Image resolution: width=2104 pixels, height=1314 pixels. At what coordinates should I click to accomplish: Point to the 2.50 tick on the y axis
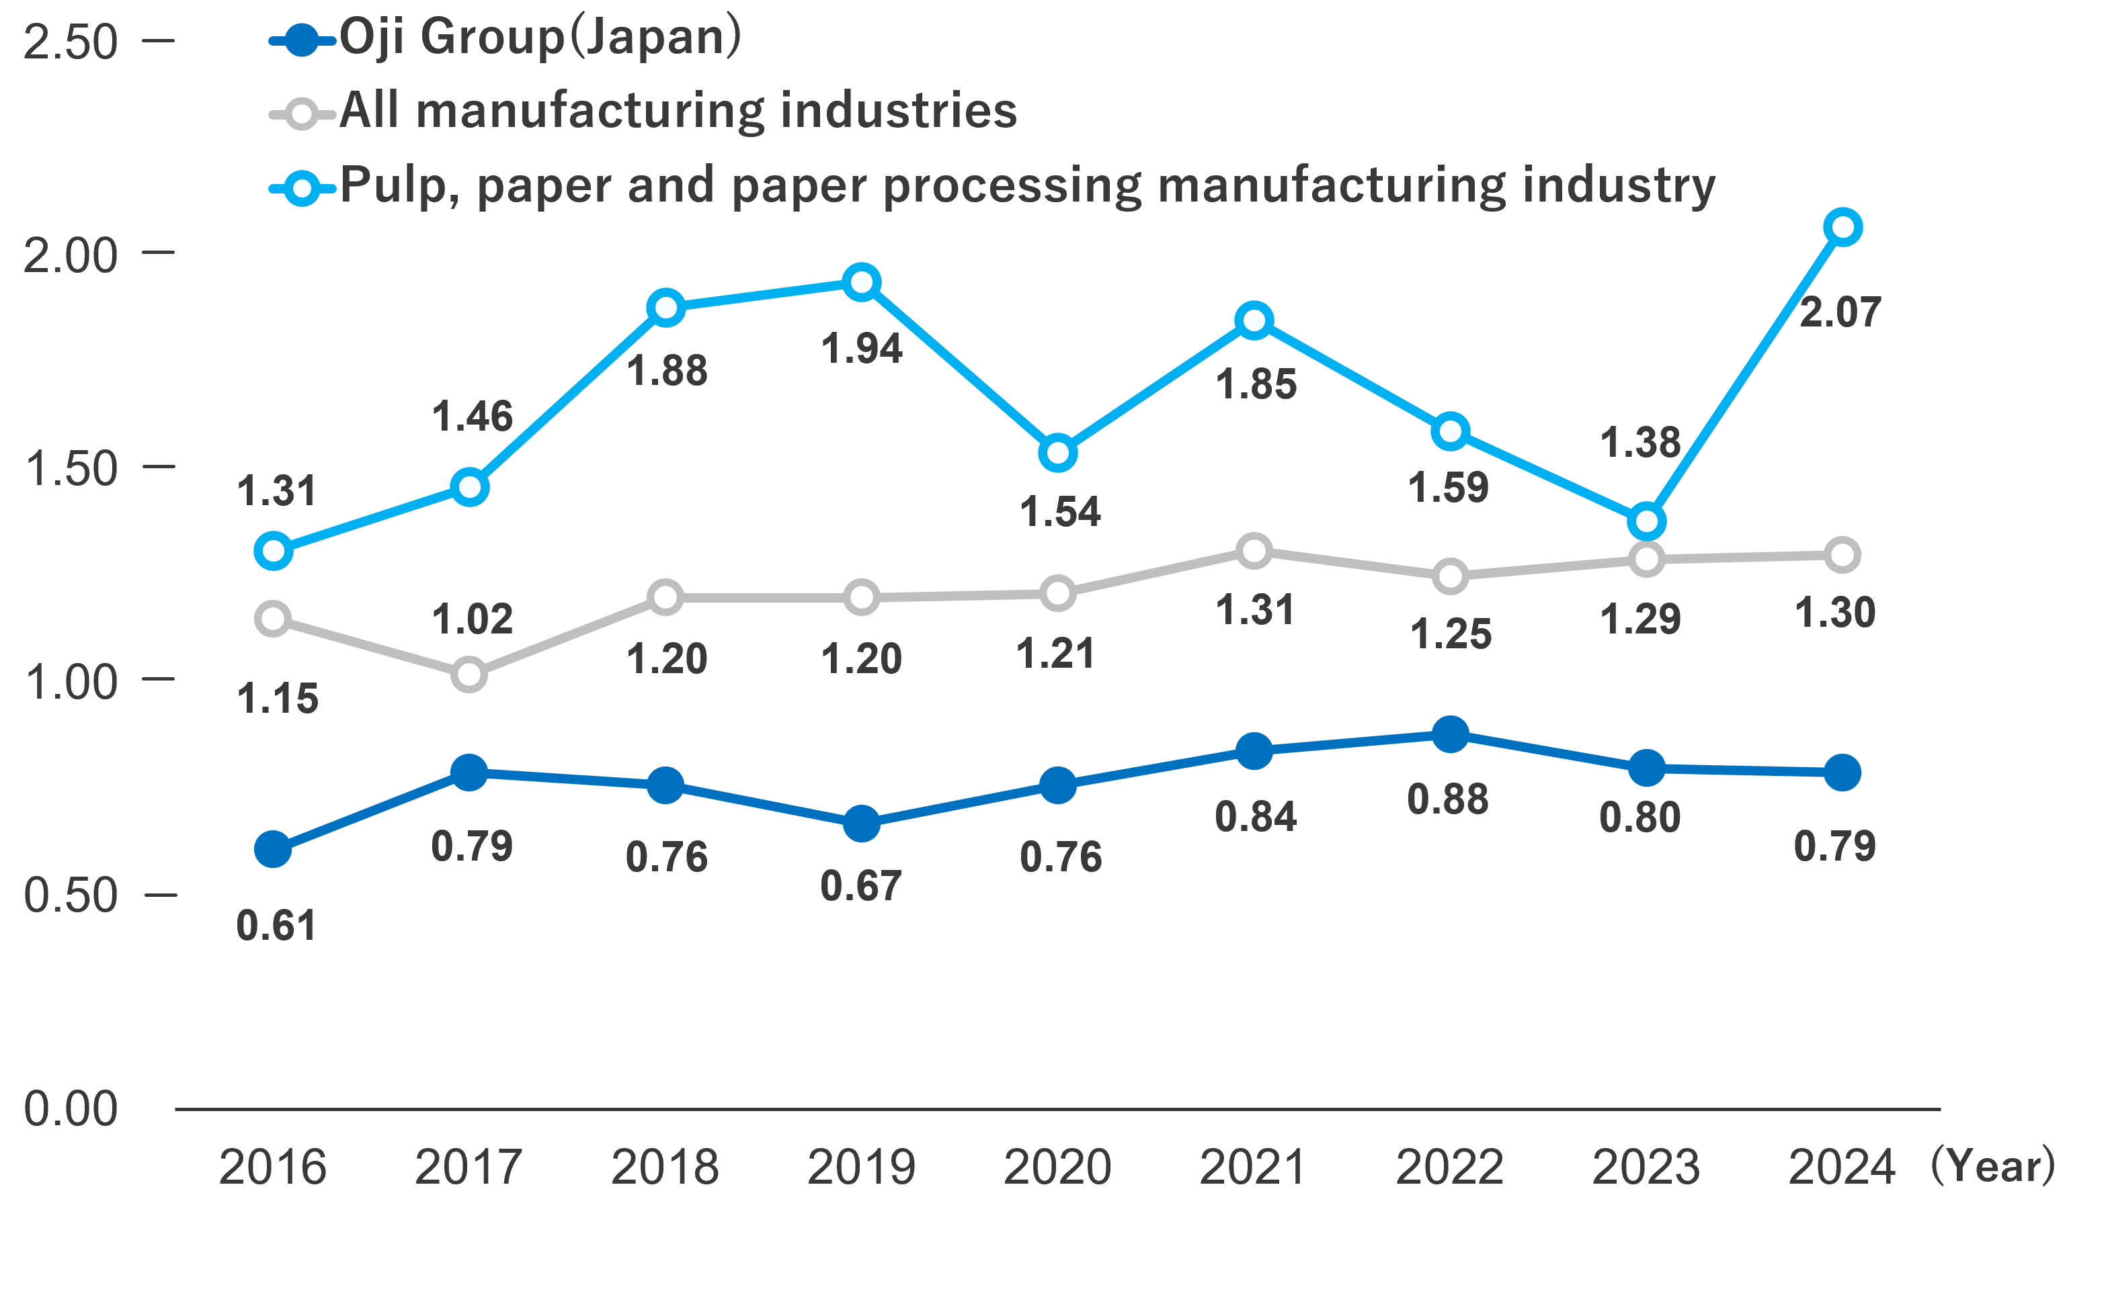69,42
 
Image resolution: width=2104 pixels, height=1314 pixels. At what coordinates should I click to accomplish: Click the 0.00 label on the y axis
69,1109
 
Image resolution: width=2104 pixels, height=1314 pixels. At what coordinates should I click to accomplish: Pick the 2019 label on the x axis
860,1167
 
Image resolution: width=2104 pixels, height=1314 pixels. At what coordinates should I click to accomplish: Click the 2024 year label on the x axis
1841,1167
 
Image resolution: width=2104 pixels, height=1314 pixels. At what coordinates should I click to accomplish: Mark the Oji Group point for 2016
273,849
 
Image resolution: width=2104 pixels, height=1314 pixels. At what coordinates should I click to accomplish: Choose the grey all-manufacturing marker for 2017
469,675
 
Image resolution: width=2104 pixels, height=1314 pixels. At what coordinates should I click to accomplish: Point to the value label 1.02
472,619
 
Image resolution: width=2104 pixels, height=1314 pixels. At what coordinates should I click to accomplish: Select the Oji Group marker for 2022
1450,734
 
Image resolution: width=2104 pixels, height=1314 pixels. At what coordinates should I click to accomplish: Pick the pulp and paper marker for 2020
1058,453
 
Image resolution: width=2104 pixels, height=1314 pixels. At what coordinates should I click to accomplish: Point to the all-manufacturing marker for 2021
1254,551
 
